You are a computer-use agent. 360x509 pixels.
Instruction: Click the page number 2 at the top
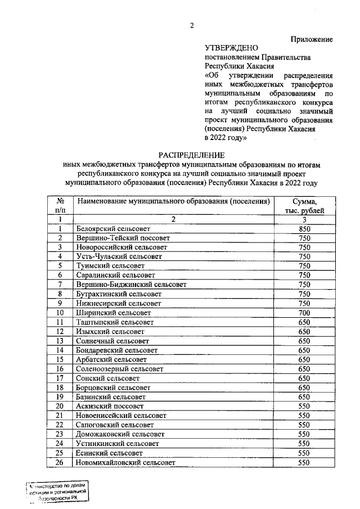tap(191, 26)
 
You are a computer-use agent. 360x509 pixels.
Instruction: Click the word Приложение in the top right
tap(311, 39)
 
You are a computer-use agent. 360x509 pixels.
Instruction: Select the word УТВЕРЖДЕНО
tap(230, 49)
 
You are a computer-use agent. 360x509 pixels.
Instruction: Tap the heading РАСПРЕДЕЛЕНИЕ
tap(191, 155)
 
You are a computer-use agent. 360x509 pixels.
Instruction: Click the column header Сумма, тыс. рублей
tap(304, 205)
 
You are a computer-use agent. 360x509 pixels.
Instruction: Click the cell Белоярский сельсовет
tap(114, 229)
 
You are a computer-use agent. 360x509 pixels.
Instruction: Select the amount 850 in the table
tap(304, 229)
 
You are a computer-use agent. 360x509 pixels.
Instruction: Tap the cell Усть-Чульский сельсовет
tap(118, 256)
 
